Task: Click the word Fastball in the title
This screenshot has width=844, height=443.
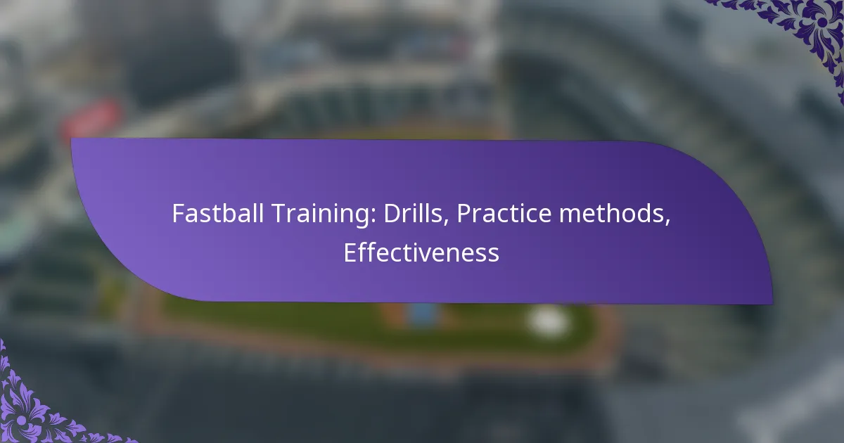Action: point(218,213)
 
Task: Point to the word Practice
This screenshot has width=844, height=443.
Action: point(505,213)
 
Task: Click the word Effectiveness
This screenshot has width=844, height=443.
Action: point(421,252)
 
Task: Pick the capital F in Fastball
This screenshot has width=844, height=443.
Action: point(178,214)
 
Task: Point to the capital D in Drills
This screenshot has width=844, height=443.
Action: point(392,214)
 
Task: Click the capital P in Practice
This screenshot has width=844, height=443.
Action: point(464,214)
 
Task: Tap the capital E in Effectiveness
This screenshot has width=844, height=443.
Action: point(350,252)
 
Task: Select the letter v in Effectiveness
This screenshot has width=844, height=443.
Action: point(426,255)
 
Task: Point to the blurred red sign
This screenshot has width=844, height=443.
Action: point(91,118)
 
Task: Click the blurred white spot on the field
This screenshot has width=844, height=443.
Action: point(548,321)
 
